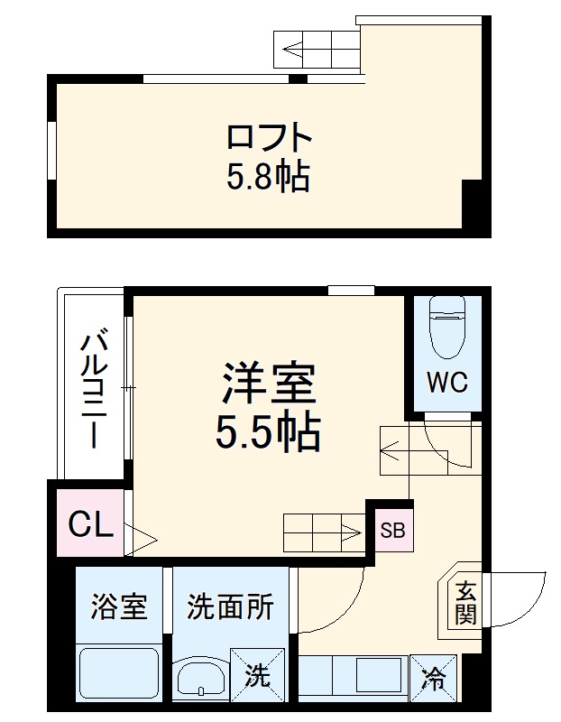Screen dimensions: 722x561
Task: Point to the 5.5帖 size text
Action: (268, 434)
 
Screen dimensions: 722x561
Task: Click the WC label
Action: (446, 383)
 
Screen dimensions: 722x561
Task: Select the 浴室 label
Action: (118, 607)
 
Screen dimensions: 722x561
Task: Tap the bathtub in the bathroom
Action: (118, 672)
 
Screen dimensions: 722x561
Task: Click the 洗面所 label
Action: (230, 607)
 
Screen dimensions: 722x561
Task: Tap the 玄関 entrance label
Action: (465, 603)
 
